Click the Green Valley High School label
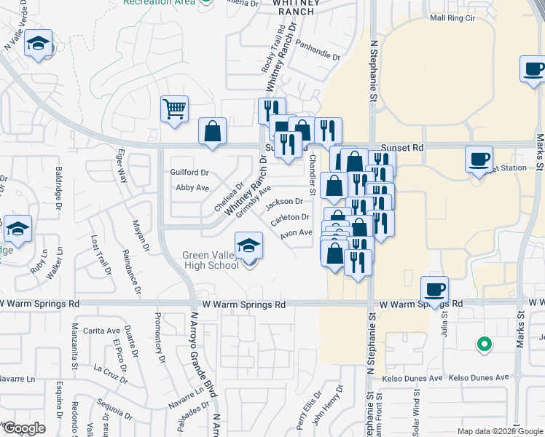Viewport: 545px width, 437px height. click(x=211, y=260)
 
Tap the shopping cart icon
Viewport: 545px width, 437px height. click(x=175, y=110)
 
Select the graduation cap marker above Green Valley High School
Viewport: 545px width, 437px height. click(x=248, y=245)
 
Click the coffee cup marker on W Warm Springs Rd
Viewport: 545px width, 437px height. click(x=434, y=290)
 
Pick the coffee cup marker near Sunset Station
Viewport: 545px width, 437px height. click(x=479, y=160)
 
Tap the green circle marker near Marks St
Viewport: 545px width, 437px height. click(x=482, y=344)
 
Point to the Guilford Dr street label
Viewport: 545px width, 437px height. click(x=189, y=173)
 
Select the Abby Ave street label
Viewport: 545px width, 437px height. click(x=192, y=187)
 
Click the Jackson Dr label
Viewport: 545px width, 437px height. click(x=284, y=202)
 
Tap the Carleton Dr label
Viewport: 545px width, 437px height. click(x=290, y=217)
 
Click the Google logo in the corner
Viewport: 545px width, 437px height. click(x=24, y=428)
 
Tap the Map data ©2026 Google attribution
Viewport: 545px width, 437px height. click(x=500, y=431)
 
